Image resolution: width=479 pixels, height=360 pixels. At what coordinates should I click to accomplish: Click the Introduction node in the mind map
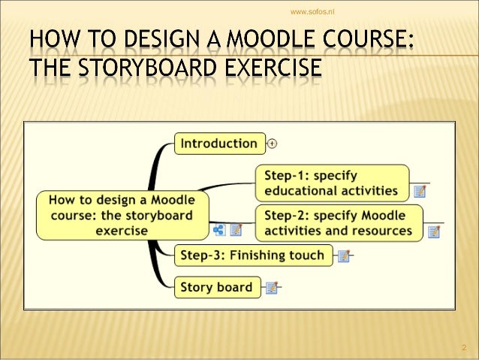coord(220,143)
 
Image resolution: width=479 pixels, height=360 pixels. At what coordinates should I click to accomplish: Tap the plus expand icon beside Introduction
coord(273,143)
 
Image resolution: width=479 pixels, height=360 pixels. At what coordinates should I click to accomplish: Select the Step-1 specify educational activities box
coord(333,183)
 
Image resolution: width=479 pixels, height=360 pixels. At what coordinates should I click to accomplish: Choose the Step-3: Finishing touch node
coord(252,256)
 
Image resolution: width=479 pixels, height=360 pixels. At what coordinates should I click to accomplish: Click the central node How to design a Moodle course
coord(122,214)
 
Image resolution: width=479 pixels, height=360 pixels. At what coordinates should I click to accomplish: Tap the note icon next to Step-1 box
coord(420,192)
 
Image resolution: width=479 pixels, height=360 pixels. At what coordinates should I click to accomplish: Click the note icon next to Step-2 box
coord(433,231)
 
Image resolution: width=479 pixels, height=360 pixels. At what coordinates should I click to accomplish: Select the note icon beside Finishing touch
coord(343,256)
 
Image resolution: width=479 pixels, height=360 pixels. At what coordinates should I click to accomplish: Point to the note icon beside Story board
coord(272,288)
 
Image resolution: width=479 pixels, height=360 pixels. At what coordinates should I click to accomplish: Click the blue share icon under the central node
coord(219,230)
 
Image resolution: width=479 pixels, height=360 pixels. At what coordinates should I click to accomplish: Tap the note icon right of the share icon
coord(236,230)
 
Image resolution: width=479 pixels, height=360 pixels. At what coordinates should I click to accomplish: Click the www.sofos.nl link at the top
coord(312,11)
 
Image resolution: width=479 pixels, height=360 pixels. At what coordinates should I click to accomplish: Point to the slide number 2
coord(463,348)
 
